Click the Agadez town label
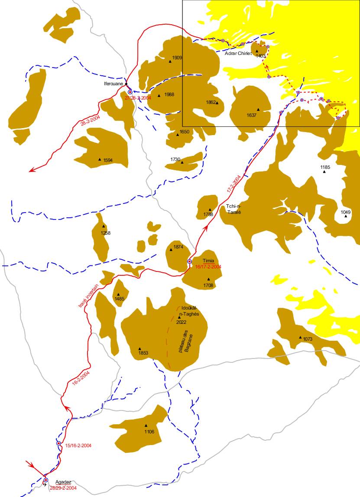63,482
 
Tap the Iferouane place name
114,84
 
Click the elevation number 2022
182,323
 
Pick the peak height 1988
169,95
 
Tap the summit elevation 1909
177,58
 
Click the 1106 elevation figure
149,432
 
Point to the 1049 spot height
345,212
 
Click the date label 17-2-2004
234,184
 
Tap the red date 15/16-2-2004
78,445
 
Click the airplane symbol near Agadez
45,485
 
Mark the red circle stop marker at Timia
189,261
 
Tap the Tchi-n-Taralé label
233,209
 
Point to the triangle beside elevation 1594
100,159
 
